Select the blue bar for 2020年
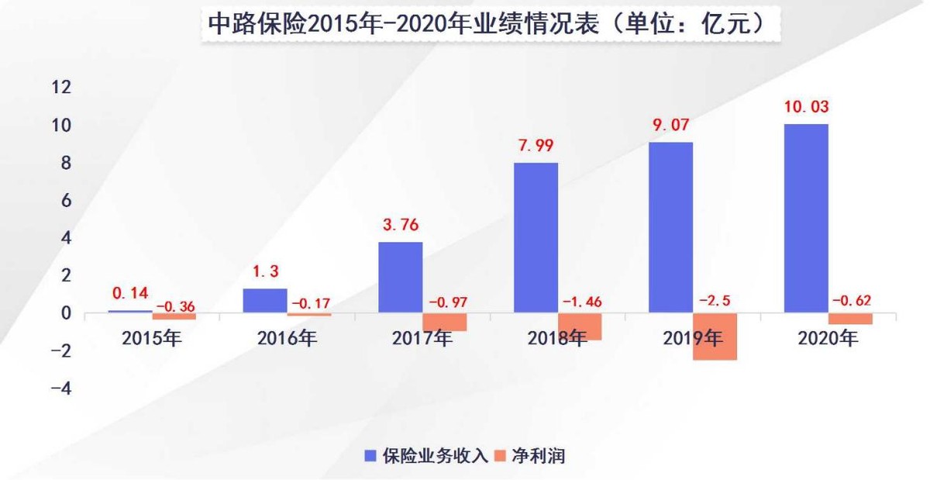tap(806, 219)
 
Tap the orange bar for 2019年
tap(715, 337)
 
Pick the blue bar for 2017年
tap(401, 278)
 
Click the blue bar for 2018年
tap(536, 237)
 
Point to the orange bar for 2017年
tap(445, 322)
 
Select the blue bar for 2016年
tap(265, 301)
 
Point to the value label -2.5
tap(715, 301)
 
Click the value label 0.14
tap(129, 294)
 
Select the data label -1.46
tap(580, 301)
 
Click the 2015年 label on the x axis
tap(152, 338)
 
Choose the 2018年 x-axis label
tap(557, 338)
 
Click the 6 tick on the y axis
tap(66, 200)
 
